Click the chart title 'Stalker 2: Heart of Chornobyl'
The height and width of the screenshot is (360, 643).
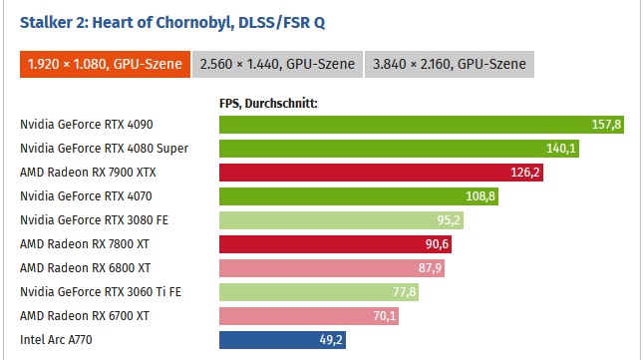(x=127, y=23)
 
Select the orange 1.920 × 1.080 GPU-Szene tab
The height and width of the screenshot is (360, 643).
(x=105, y=64)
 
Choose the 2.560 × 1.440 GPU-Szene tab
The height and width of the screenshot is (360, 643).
(x=277, y=64)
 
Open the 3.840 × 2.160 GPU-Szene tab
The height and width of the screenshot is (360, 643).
(x=450, y=64)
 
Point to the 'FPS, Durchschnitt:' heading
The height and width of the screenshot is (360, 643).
(x=268, y=104)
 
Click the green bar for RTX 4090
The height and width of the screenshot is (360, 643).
(x=422, y=125)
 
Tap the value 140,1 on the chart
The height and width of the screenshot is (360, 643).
(x=561, y=149)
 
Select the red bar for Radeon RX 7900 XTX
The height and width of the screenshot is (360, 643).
(x=382, y=173)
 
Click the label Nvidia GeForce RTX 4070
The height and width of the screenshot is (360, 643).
(x=86, y=196)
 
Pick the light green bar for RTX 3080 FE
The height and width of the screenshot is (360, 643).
(x=341, y=220)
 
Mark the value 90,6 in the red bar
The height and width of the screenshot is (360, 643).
(x=438, y=244)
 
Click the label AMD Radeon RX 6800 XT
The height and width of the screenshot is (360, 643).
(x=86, y=268)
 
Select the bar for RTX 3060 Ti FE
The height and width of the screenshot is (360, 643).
(x=319, y=292)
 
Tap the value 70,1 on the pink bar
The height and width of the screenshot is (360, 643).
(x=385, y=316)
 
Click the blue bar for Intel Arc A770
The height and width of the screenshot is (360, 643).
(x=282, y=340)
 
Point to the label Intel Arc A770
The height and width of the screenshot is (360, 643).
(x=56, y=340)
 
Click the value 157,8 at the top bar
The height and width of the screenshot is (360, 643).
(x=606, y=125)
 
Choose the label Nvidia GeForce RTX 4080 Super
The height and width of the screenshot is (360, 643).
(x=104, y=149)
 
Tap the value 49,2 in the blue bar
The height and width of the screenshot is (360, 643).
(x=331, y=340)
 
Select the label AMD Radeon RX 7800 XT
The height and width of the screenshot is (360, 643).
(x=85, y=244)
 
